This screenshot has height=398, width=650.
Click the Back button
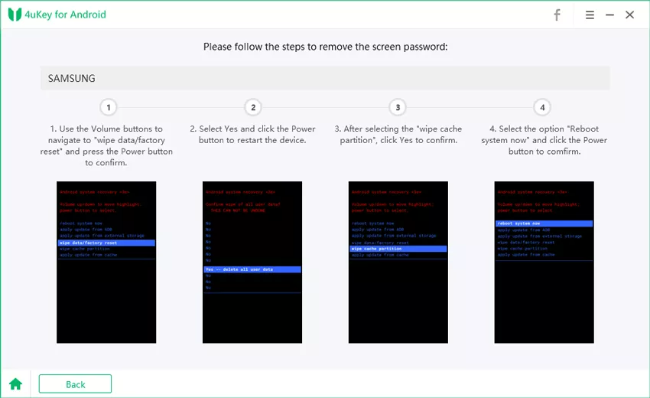point(75,384)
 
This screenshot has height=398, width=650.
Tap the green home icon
point(15,384)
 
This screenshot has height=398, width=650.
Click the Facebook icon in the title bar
point(557,15)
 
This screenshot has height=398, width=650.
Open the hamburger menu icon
point(590,15)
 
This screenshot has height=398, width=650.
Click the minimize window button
point(610,15)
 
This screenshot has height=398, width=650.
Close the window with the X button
point(630,15)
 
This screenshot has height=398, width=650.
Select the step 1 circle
point(109,107)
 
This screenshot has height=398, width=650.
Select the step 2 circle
point(253,107)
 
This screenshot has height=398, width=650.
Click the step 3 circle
point(397,107)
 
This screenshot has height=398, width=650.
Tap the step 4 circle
point(541,107)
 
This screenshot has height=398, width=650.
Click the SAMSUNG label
point(71,78)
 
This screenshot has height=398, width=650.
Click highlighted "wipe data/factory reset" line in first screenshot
point(106,243)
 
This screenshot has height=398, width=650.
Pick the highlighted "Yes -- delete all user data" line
point(252,269)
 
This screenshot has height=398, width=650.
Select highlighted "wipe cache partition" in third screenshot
point(398,249)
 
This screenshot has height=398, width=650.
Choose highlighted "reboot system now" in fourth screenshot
point(543,223)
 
